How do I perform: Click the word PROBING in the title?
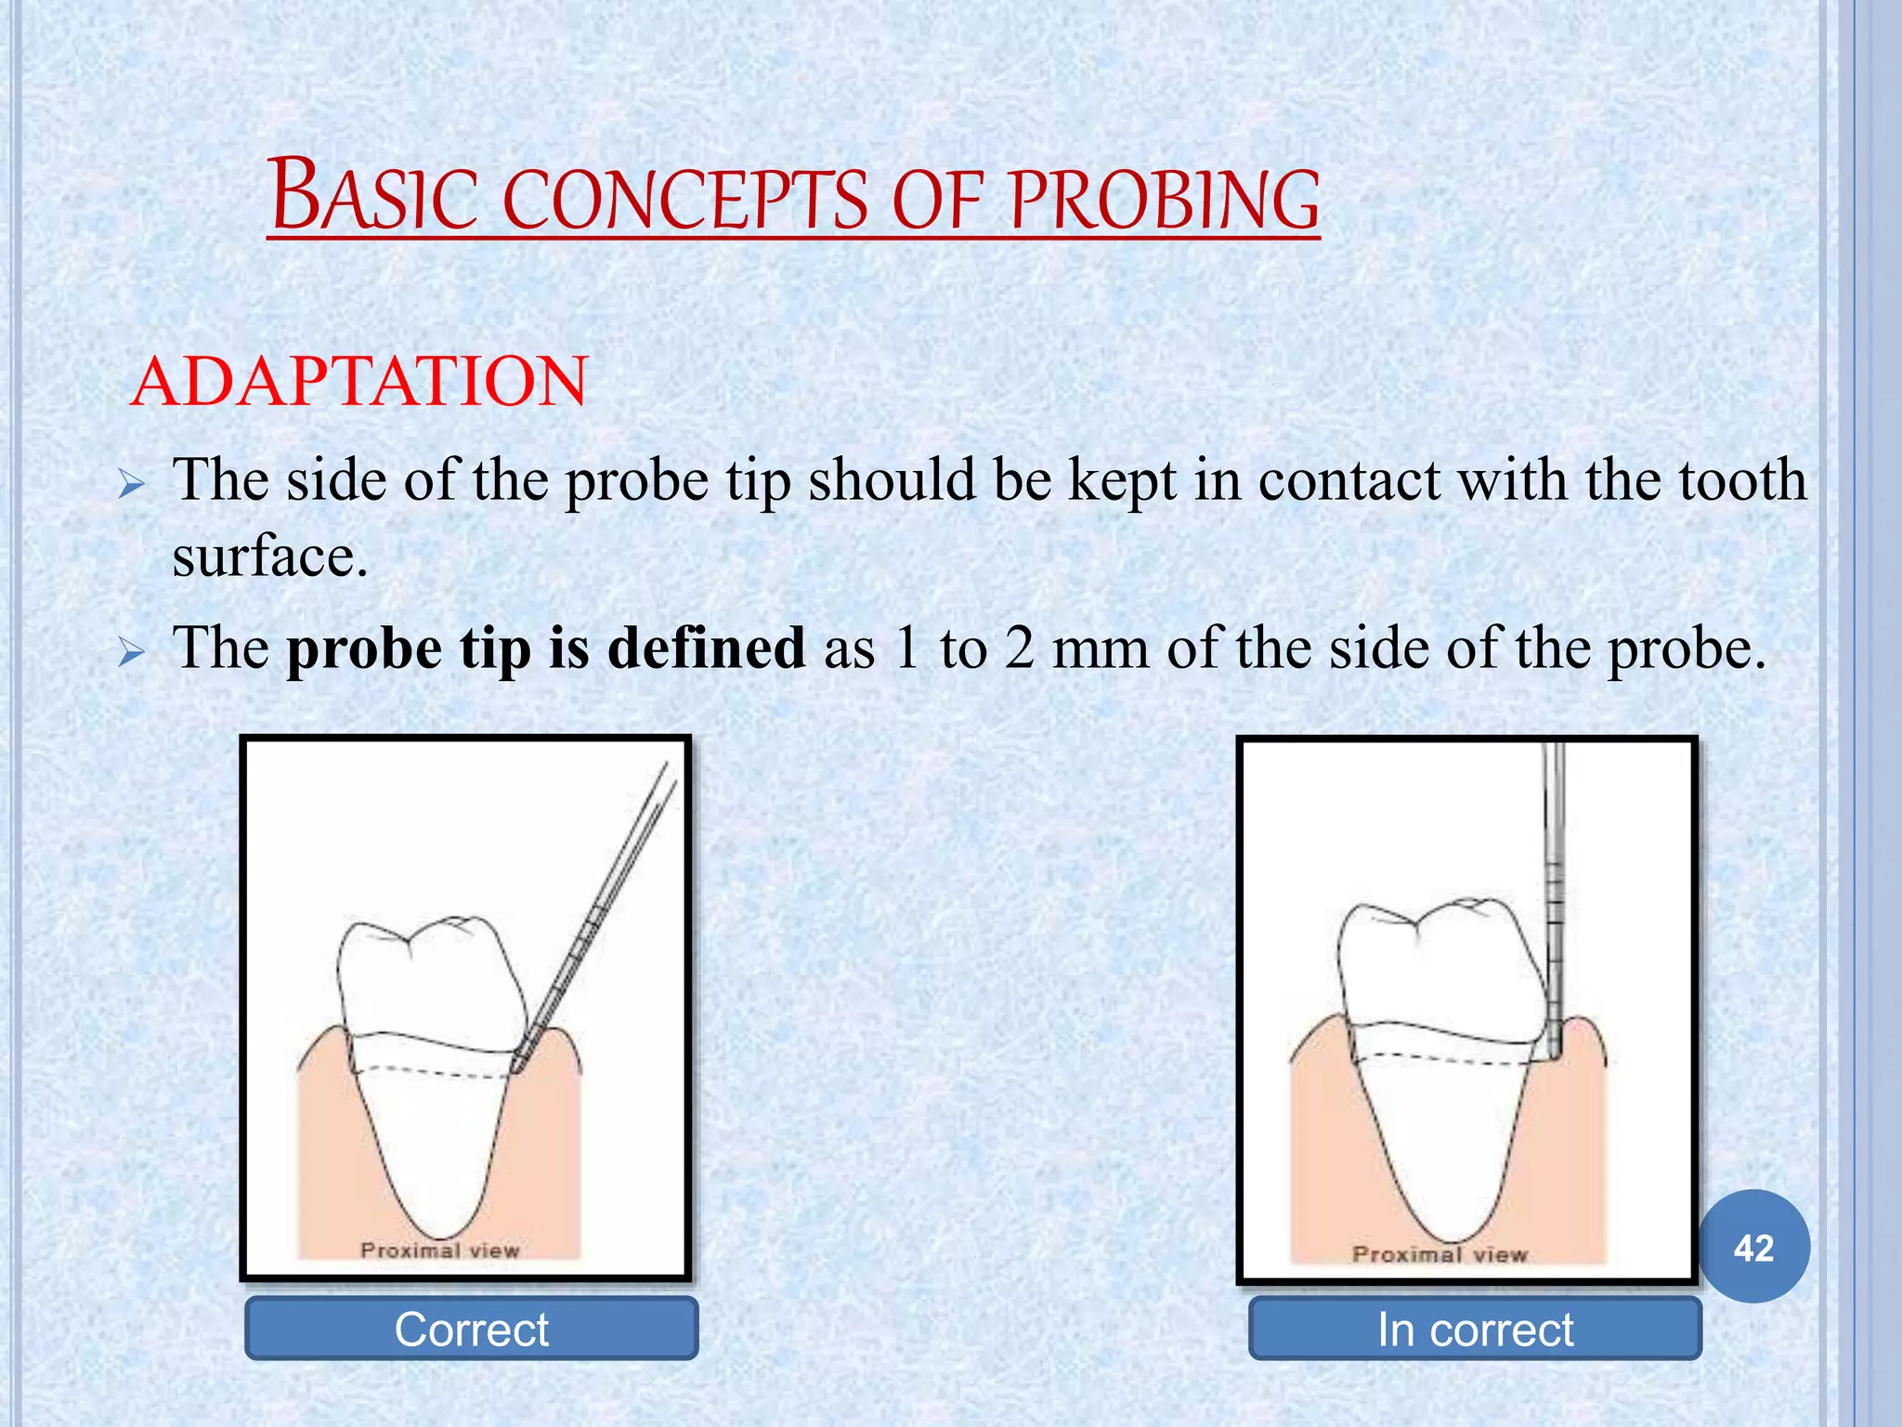[1165, 200]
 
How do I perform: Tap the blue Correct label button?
[471, 1329]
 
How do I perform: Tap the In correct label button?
[1475, 1329]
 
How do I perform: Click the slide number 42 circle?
[1753, 1248]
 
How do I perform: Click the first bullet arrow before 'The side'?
[132, 485]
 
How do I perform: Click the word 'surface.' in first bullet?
[270, 557]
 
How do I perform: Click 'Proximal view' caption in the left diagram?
[439, 1250]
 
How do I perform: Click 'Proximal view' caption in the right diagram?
[1440, 1254]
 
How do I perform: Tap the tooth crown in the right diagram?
[1435, 971]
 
